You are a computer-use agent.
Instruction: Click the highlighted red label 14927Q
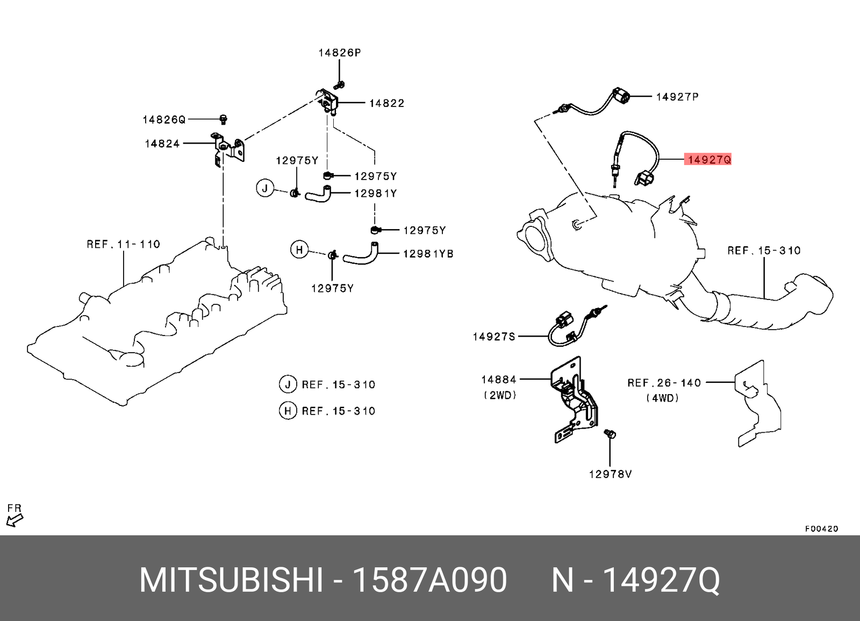(708, 160)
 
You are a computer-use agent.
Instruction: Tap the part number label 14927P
(677, 97)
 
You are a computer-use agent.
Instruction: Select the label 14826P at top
(339, 53)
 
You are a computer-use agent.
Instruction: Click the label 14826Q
(164, 120)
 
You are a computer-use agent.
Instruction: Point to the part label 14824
(162, 144)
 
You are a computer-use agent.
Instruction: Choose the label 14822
(386, 103)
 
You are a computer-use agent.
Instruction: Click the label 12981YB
(428, 254)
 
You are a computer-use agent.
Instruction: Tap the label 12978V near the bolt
(610, 474)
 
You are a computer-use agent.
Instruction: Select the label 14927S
(493, 337)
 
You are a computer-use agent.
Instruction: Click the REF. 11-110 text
(124, 245)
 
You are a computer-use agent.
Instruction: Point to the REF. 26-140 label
(664, 383)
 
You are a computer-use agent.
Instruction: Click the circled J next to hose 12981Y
(264, 188)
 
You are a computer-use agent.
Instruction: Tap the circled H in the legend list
(288, 411)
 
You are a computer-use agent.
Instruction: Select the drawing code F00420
(821, 529)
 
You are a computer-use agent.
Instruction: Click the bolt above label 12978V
(610, 433)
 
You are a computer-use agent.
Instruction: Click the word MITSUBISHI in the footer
(231, 580)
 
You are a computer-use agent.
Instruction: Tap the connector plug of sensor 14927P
(622, 97)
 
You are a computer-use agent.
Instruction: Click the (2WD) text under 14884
(500, 395)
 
